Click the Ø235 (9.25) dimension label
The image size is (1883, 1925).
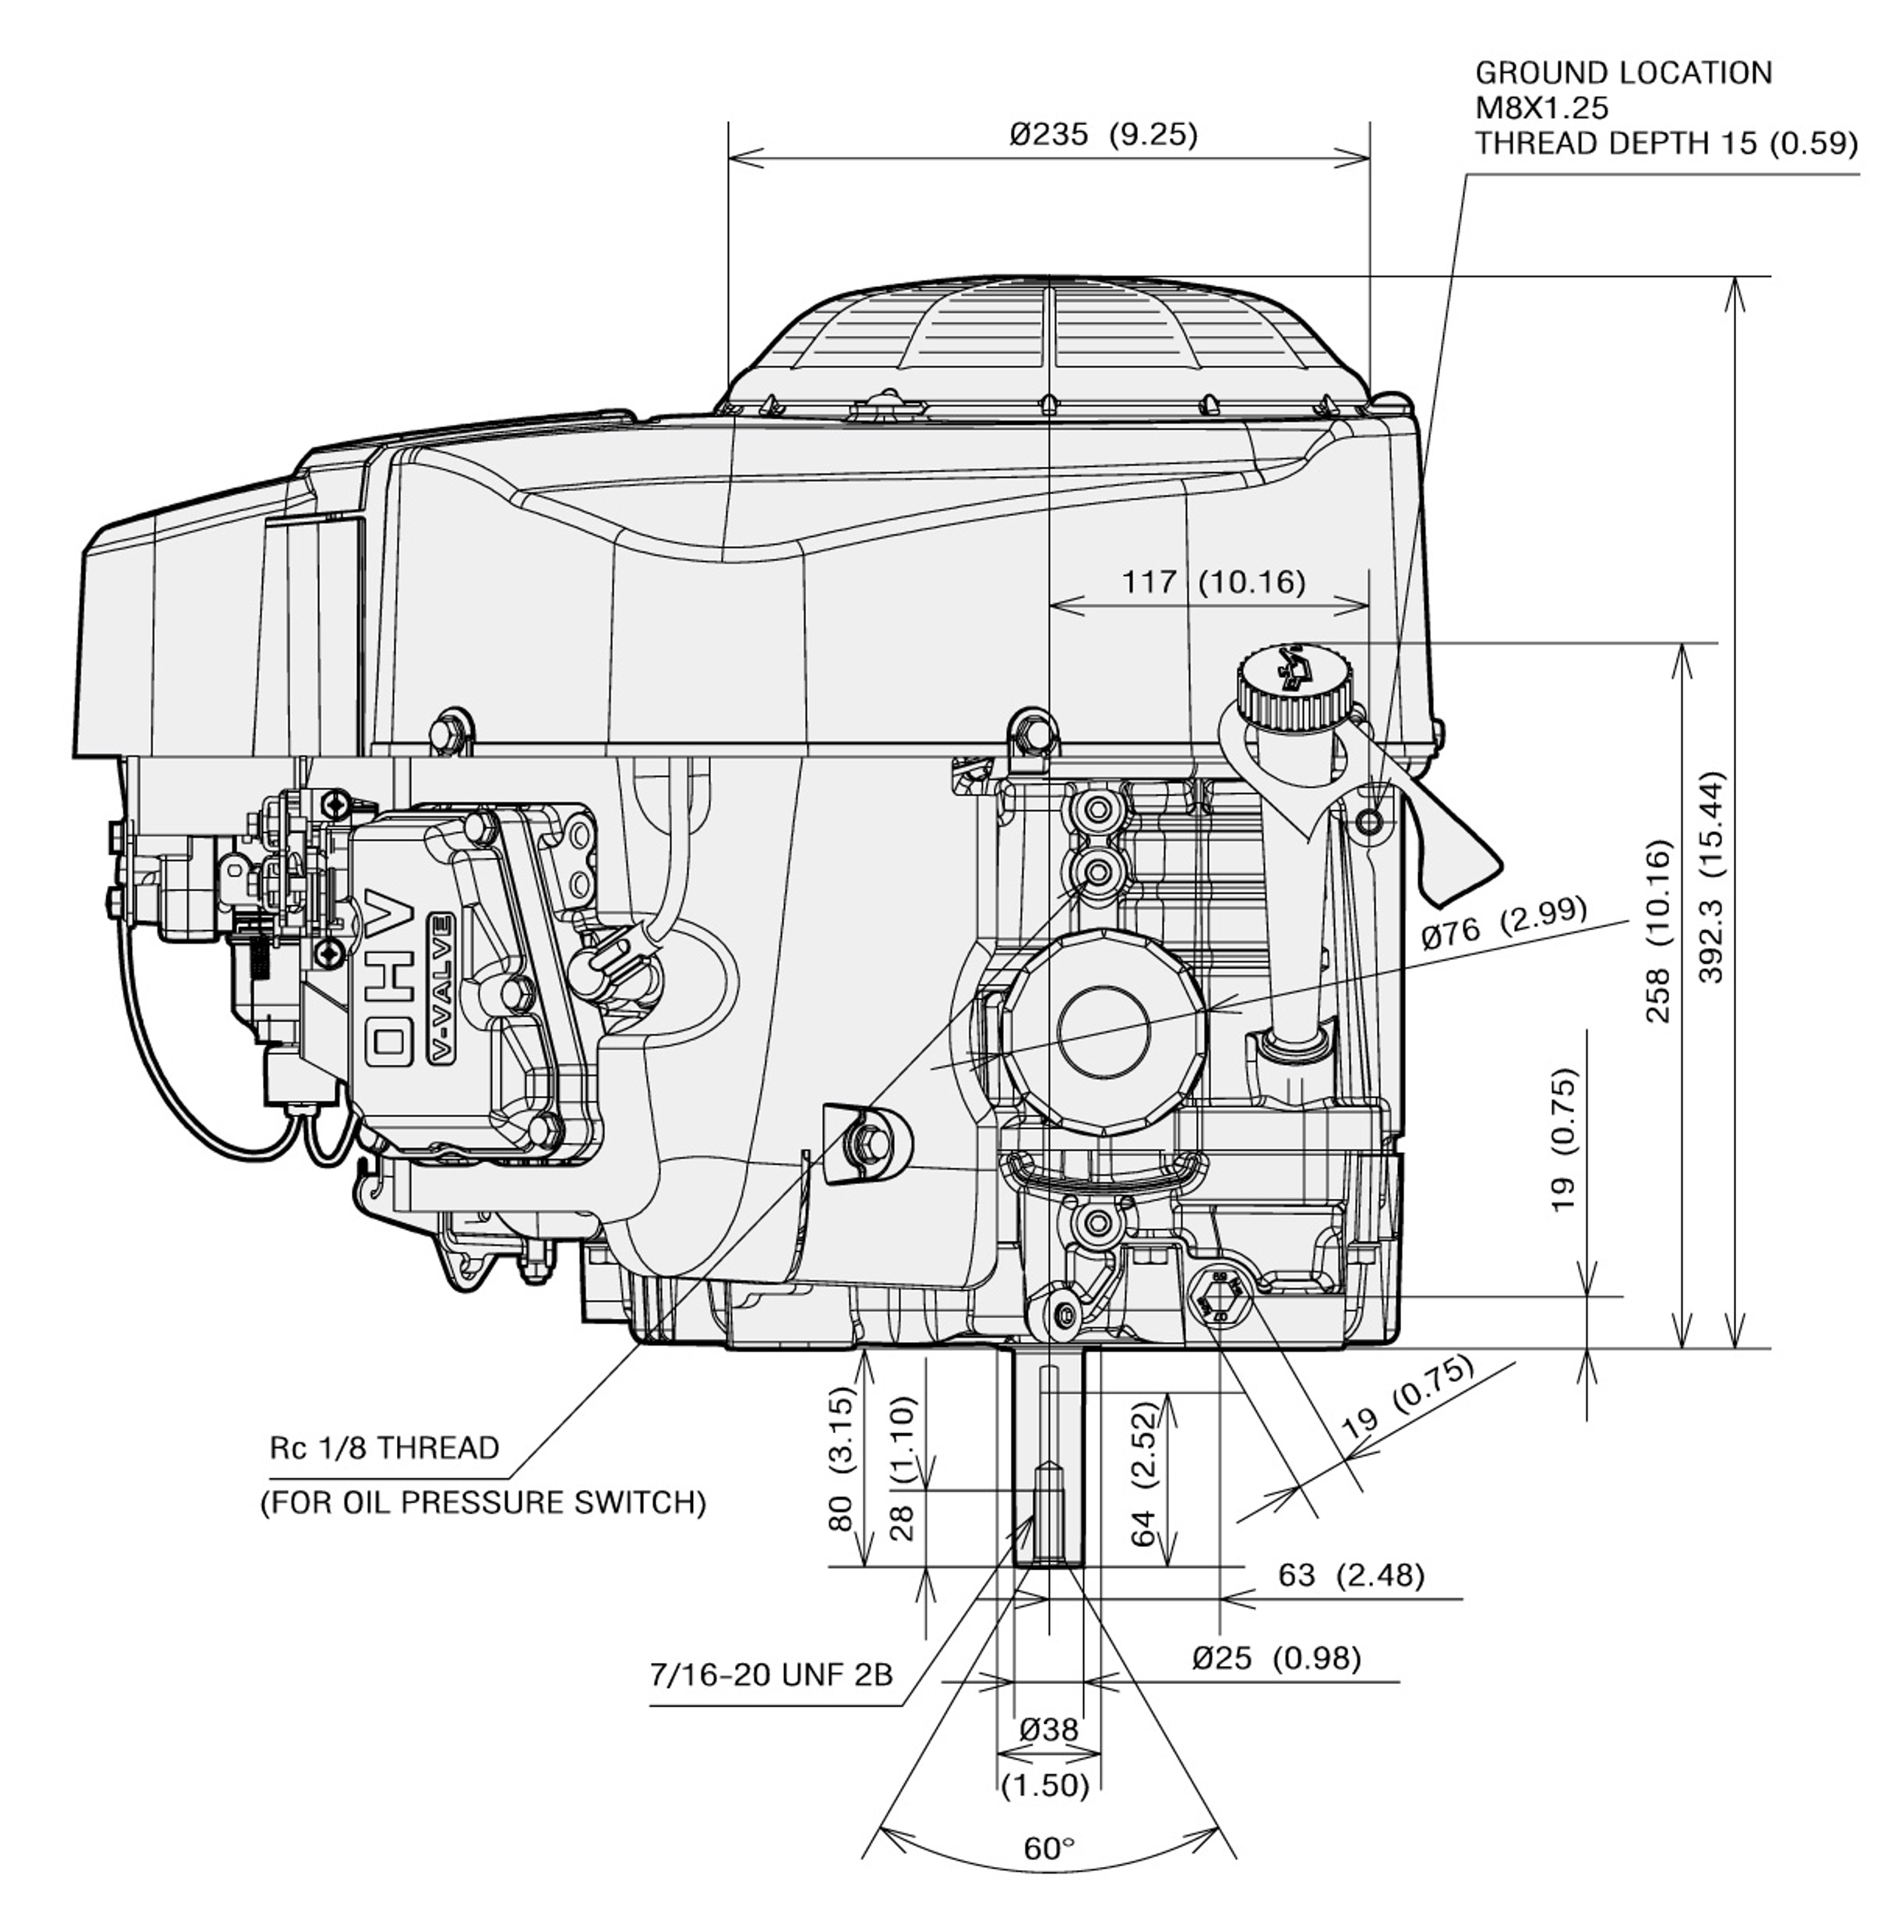pyautogui.click(x=1103, y=135)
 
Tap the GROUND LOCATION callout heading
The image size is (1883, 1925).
pyautogui.click(x=1623, y=73)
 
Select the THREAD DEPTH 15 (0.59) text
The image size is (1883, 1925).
pyautogui.click(x=1666, y=143)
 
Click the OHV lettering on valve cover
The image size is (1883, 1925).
pyautogui.click(x=391, y=979)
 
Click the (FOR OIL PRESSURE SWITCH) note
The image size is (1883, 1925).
pyautogui.click(x=483, y=1502)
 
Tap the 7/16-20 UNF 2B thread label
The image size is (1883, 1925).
pyautogui.click(x=771, y=1674)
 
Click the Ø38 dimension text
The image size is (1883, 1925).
pyautogui.click(x=1048, y=1728)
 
